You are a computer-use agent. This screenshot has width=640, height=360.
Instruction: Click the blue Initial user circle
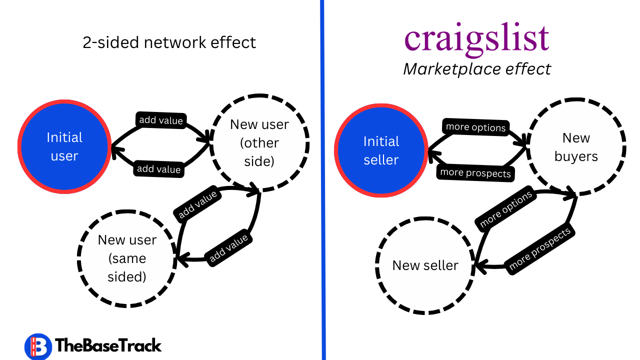click(x=64, y=146)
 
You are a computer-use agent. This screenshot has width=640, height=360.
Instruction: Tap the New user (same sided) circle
click(x=127, y=258)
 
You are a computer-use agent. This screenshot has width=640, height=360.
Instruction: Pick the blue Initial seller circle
click(x=381, y=150)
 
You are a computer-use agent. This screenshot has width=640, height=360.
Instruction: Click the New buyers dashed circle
click(x=576, y=147)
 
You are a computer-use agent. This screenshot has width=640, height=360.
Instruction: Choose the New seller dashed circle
click(x=425, y=265)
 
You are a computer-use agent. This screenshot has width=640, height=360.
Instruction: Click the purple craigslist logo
click(x=476, y=39)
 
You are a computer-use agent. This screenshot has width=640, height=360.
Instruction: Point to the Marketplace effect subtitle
click(x=476, y=69)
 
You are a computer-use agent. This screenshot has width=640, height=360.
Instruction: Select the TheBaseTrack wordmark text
click(x=108, y=345)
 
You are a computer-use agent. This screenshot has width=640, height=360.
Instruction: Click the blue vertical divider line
click(x=322, y=180)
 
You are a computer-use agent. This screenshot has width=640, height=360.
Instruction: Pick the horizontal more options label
click(x=475, y=127)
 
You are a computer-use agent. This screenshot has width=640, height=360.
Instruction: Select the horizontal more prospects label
click(x=475, y=173)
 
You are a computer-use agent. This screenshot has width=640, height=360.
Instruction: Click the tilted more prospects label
click(x=539, y=250)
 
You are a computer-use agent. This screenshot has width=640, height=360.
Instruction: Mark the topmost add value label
click(x=161, y=120)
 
